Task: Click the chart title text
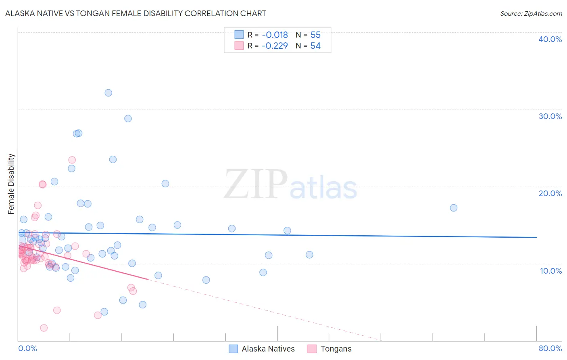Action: tap(135, 13)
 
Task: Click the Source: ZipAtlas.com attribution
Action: tap(531, 13)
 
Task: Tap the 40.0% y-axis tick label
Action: tap(550, 39)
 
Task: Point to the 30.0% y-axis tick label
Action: tap(550, 116)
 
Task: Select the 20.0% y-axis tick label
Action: tap(550, 193)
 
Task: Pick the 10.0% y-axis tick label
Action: tap(550, 271)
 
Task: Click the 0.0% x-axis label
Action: tap(27, 348)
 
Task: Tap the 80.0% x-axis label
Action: tap(550, 348)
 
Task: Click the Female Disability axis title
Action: tap(11, 184)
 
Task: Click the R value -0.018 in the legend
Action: tap(275, 35)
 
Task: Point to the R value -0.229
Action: tap(275, 46)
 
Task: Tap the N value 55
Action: tap(315, 35)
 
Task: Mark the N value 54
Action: tap(315, 46)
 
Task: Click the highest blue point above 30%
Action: tap(108, 93)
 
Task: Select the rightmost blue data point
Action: tap(454, 208)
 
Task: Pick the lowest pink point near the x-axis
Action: tap(44, 328)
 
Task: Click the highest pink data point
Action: tap(72, 160)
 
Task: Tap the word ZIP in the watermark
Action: tap(255, 185)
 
